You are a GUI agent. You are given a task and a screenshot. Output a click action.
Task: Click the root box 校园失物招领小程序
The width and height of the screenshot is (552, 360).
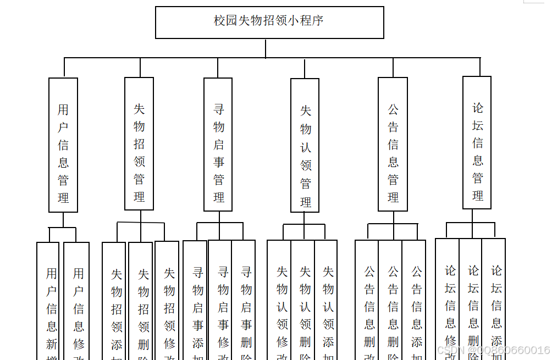pyautogui.click(x=269, y=22)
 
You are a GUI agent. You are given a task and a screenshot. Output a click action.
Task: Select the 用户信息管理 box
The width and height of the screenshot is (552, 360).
pyautogui.click(x=63, y=145)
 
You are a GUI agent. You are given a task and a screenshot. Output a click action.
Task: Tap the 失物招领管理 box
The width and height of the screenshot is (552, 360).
pyautogui.click(x=139, y=144)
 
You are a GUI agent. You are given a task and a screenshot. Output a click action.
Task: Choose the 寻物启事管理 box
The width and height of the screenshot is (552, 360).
pyautogui.click(x=218, y=145)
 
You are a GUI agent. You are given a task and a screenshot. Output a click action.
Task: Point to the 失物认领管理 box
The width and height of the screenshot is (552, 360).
pyautogui.click(x=305, y=146)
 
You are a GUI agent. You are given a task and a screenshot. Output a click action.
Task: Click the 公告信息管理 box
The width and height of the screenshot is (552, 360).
pyautogui.click(x=393, y=145)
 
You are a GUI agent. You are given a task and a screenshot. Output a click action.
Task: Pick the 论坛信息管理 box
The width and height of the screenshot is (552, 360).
pyautogui.click(x=477, y=143)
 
